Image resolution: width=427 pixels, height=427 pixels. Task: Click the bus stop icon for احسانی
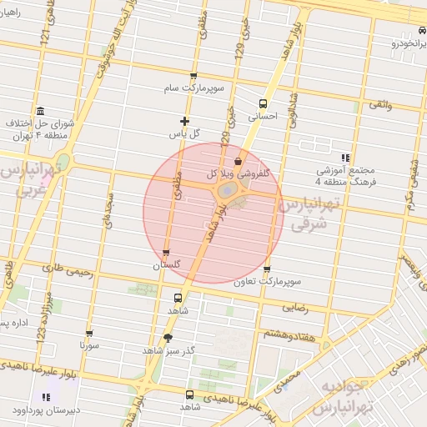coord(264,104)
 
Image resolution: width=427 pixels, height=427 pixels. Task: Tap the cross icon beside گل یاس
coord(184,122)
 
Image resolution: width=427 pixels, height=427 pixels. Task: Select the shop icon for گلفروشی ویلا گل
coord(239,161)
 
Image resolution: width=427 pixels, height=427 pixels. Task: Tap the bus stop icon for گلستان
coord(167,253)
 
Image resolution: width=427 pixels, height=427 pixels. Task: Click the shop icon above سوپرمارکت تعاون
coord(267,269)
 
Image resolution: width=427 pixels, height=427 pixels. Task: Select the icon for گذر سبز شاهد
coord(168,338)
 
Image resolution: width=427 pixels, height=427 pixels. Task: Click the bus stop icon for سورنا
coord(90,331)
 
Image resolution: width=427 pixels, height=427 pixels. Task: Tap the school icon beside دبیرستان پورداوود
coord(44,398)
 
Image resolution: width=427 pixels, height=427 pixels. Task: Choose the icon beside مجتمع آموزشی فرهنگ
coord(344,157)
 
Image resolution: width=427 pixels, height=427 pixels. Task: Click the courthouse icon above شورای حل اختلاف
coord(40,111)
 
